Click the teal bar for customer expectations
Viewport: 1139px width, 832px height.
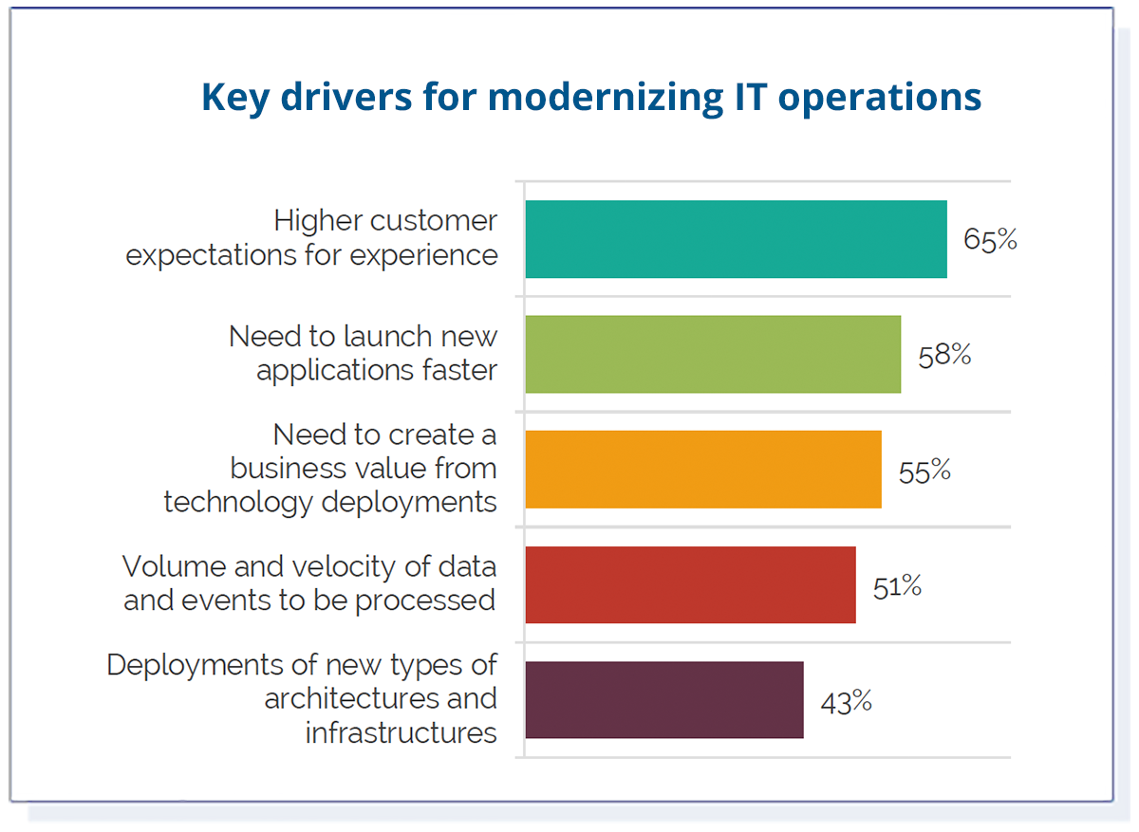pos(736,239)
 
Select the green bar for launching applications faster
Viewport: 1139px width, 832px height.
pos(712,354)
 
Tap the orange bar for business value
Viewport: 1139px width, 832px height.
pos(702,470)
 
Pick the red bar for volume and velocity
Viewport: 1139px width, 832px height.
pos(690,584)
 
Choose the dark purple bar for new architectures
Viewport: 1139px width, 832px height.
pos(663,700)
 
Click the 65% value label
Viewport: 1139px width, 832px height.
pos(990,240)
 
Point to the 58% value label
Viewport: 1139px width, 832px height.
pos(944,355)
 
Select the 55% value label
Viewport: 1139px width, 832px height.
pos(924,471)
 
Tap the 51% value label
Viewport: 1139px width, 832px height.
pos(897,586)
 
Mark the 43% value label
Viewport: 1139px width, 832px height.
pos(846,702)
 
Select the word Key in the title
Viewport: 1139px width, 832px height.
pos(233,98)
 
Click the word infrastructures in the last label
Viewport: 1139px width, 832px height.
pos(401,732)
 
